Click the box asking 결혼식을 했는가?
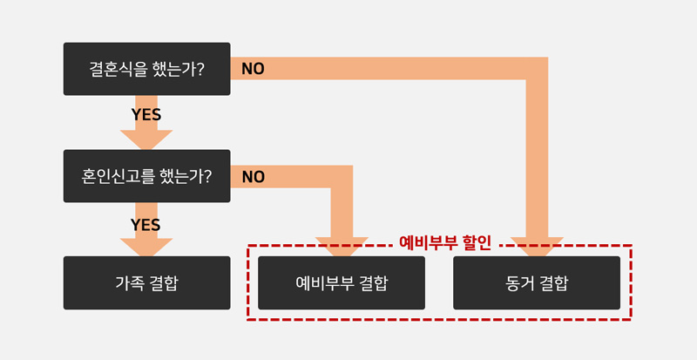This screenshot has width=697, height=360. [146, 69]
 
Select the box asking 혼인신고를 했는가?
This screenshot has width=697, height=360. [146, 176]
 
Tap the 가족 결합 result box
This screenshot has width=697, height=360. [146, 283]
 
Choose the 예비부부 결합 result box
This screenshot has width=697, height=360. [342, 283]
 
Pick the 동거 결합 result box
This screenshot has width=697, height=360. [537, 283]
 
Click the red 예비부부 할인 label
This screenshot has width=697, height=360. [445, 243]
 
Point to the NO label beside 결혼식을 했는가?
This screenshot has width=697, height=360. [253, 69]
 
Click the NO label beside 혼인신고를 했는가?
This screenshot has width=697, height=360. [254, 177]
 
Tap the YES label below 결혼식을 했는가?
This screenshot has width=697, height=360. [146, 115]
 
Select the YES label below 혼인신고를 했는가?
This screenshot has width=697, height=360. [145, 225]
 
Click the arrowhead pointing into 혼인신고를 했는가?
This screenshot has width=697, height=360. [146, 139]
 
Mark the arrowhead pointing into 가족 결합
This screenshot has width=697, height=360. [146, 248]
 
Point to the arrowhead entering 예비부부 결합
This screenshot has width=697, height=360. [342, 247]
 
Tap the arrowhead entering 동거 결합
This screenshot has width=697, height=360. [537, 247]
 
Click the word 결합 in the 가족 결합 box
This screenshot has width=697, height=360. [162, 283]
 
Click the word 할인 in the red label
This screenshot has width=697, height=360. [477, 243]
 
